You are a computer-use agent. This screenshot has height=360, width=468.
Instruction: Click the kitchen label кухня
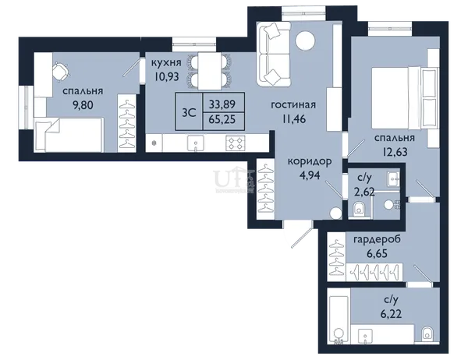(x=166, y=63)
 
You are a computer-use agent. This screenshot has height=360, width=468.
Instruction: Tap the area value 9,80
(x=83, y=105)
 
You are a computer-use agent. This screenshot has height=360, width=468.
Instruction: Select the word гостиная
(x=293, y=105)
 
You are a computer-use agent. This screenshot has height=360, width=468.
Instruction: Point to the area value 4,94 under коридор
(x=310, y=175)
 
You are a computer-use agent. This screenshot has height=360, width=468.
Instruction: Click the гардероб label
(x=377, y=239)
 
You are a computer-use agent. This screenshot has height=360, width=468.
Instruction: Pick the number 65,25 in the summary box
(x=222, y=119)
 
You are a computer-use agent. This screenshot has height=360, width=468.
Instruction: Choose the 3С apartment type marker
(x=189, y=113)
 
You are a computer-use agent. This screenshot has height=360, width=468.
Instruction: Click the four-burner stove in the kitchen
(x=236, y=143)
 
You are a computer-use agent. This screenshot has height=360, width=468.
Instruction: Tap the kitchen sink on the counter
(x=196, y=143)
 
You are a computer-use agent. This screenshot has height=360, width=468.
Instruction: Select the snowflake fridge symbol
(x=154, y=143)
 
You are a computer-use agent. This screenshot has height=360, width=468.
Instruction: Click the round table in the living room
(x=305, y=40)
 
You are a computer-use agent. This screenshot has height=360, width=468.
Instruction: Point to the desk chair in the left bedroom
(x=61, y=72)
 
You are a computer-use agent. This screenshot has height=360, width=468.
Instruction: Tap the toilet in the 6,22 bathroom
(x=427, y=334)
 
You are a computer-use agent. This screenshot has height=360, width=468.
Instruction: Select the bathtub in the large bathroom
(x=339, y=320)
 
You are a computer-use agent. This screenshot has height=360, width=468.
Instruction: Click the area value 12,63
(x=395, y=152)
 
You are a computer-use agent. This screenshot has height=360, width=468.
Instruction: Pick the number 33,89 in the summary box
(x=222, y=104)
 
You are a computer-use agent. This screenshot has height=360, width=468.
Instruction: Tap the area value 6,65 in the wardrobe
(x=377, y=254)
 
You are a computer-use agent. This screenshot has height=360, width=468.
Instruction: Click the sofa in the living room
(x=273, y=55)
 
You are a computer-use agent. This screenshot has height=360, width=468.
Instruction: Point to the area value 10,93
(x=167, y=76)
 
